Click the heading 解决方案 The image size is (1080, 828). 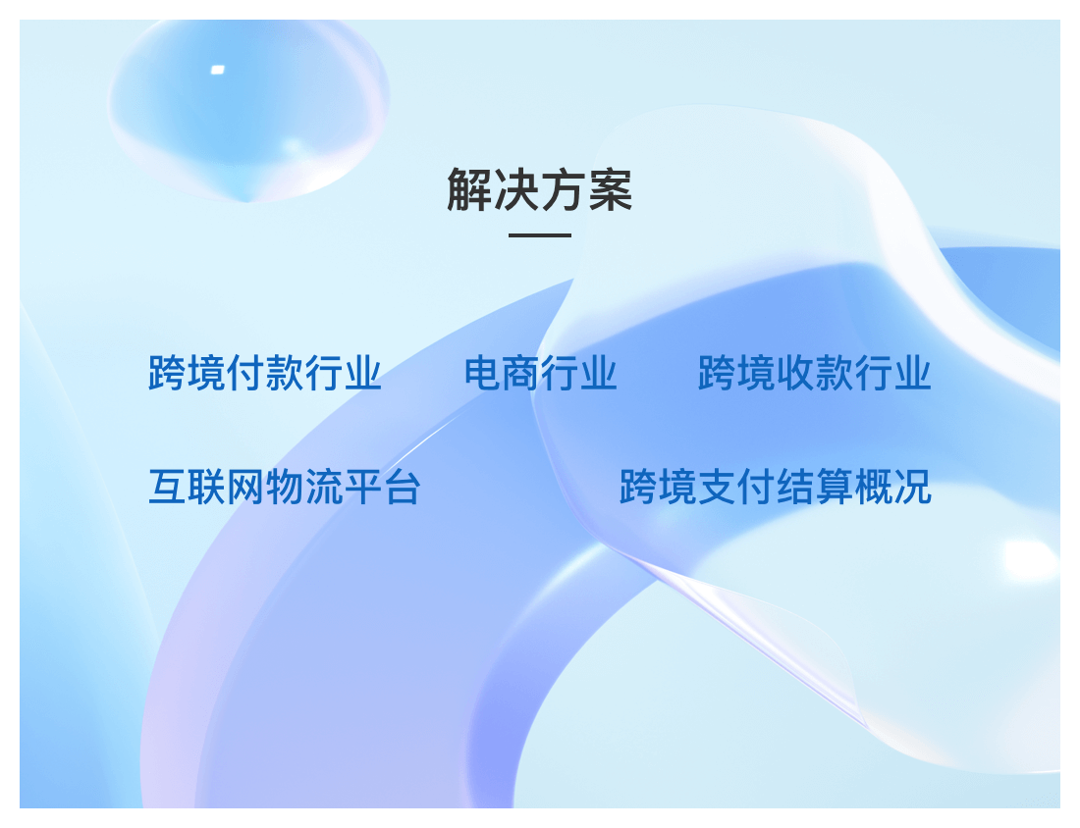tap(539, 189)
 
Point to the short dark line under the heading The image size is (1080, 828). tap(540, 234)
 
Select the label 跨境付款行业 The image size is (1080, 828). tap(265, 373)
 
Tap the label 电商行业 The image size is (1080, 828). tap(540, 373)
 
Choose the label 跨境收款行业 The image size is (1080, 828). tap(815, 373)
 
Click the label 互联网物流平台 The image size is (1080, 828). tap(285, 487)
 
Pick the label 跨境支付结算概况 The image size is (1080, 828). tap(776, 487)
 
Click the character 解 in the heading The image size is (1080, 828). tap(469, 189)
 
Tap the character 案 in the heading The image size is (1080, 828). tap(611, 189)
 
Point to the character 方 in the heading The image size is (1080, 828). tap(564, 189)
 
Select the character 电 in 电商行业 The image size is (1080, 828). tap(483, 373)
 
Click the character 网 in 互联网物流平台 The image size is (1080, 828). tap(245, 487)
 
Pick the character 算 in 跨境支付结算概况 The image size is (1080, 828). tap(835, 487)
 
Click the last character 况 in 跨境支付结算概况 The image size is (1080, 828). tap(913, 487)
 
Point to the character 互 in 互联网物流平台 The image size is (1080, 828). tap(167, 487)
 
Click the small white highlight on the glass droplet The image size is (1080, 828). tap(218, 70)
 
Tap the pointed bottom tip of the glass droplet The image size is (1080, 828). tap(246, 202)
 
